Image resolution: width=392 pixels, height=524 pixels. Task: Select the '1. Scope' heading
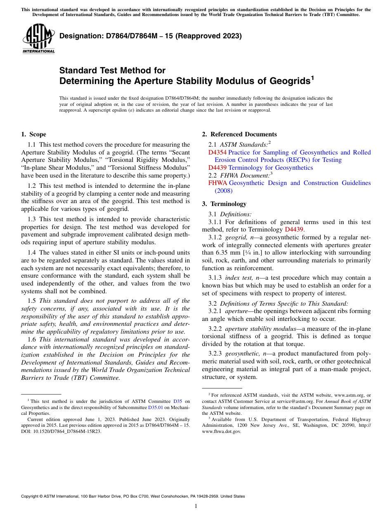click(x=33, y=134)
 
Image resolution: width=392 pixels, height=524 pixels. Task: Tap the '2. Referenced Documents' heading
click(x=239, y=134)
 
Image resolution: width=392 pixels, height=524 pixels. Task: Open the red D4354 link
click(x=217, y=152)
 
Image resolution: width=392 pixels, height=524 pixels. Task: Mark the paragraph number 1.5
click(x=32, y=301)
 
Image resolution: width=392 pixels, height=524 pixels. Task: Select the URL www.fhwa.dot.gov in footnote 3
click(x=221, y=432)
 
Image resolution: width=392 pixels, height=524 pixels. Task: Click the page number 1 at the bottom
click(x=196, y=506)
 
